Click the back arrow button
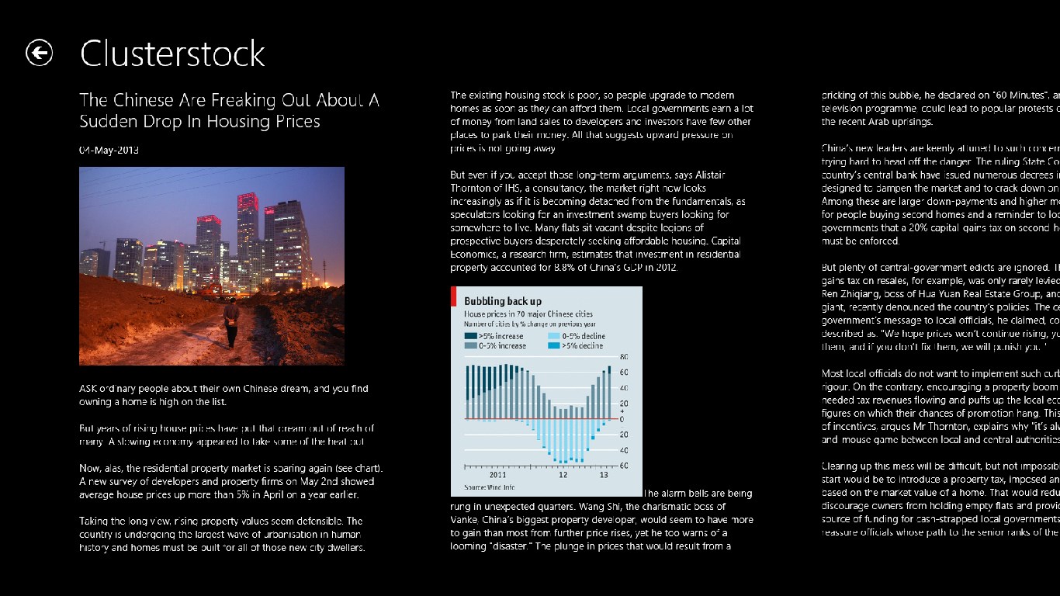40,53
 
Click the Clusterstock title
172,54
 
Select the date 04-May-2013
109,150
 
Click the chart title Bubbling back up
503,301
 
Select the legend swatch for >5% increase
470,336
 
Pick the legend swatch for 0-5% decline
553,336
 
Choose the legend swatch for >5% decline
553,346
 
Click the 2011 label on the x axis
499,475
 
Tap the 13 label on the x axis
603,475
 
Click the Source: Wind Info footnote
490,487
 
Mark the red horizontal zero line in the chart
535,418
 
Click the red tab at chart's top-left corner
452,296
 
